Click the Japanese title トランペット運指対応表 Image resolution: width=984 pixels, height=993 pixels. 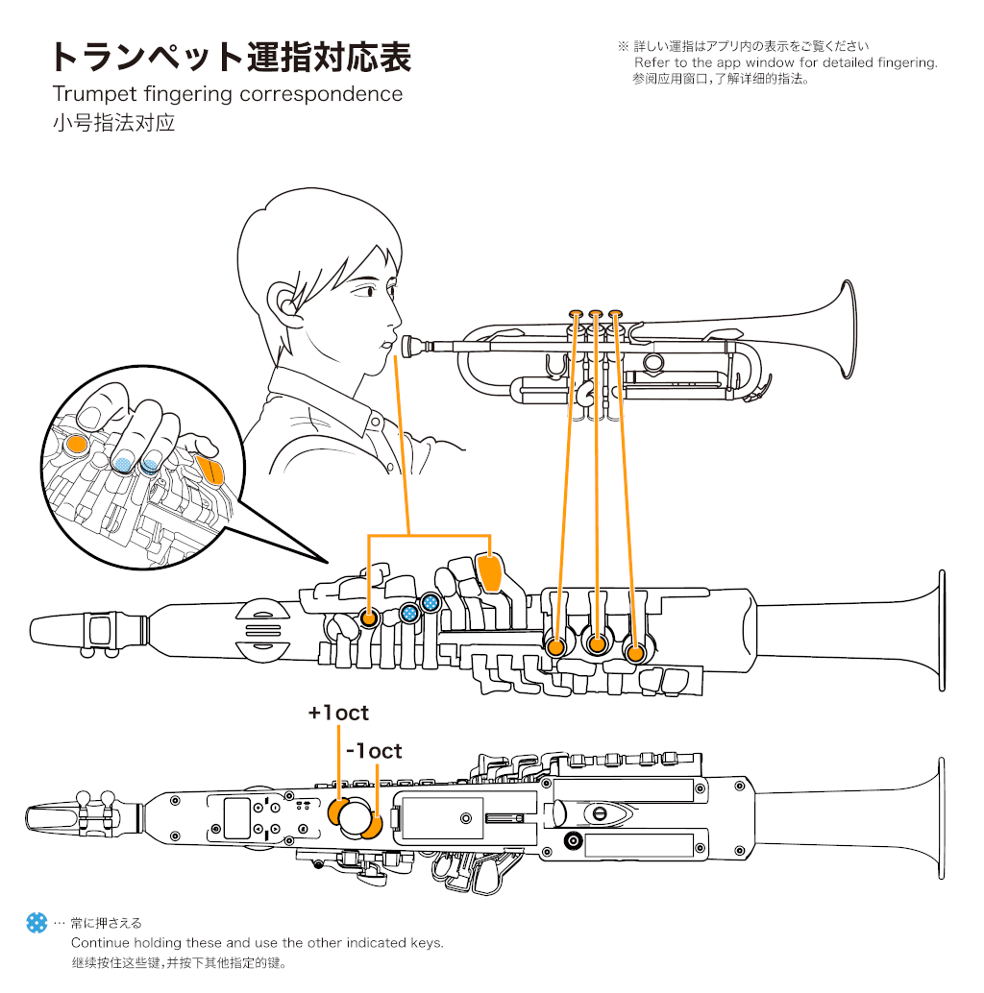tap(231, 58)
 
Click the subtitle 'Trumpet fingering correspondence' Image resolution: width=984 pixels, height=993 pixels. tap(227, 94)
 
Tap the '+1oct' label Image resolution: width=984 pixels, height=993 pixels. tap(338, 714)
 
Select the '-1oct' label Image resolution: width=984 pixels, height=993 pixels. tap(374, 751)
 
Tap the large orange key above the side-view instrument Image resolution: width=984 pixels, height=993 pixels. tap(490, 573)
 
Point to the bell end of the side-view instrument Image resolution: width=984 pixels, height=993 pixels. tap(938, 631)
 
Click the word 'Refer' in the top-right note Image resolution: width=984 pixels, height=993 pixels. tap(652, 62)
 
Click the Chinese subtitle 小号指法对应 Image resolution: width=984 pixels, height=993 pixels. tap(113, 123)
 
